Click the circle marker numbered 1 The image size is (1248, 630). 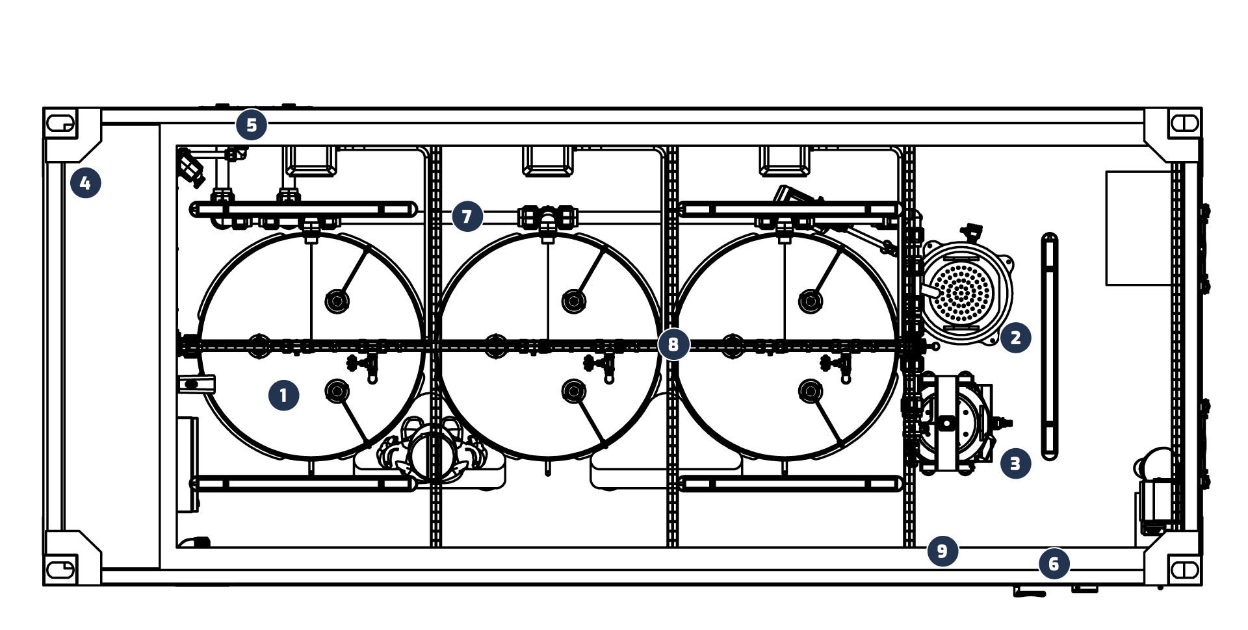(284, 396)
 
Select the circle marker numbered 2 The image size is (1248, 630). (1016, 338)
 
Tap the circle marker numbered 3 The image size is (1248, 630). (1016, 464)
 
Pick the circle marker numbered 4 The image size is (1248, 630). (86, 183)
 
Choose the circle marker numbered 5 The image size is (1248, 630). (252, 125)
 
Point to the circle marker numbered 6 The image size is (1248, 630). (1054, 564)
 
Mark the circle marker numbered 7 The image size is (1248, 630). (468, 216)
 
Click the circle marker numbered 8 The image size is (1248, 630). (674, 344)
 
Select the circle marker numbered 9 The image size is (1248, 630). (943, 551)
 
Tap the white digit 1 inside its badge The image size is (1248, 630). (283, 396)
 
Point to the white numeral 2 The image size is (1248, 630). (1016, 338)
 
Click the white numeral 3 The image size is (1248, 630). (1016, 464)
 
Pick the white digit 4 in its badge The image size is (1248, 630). (85, 183)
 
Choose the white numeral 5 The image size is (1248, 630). (252, 125)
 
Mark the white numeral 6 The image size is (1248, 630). (1054, 564)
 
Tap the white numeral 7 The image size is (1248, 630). (467, 216)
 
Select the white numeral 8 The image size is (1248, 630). (674, 344)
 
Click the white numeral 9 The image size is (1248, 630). (943, 551)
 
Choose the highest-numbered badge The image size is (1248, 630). (943, 551)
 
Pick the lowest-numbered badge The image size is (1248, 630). (284, 396)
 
